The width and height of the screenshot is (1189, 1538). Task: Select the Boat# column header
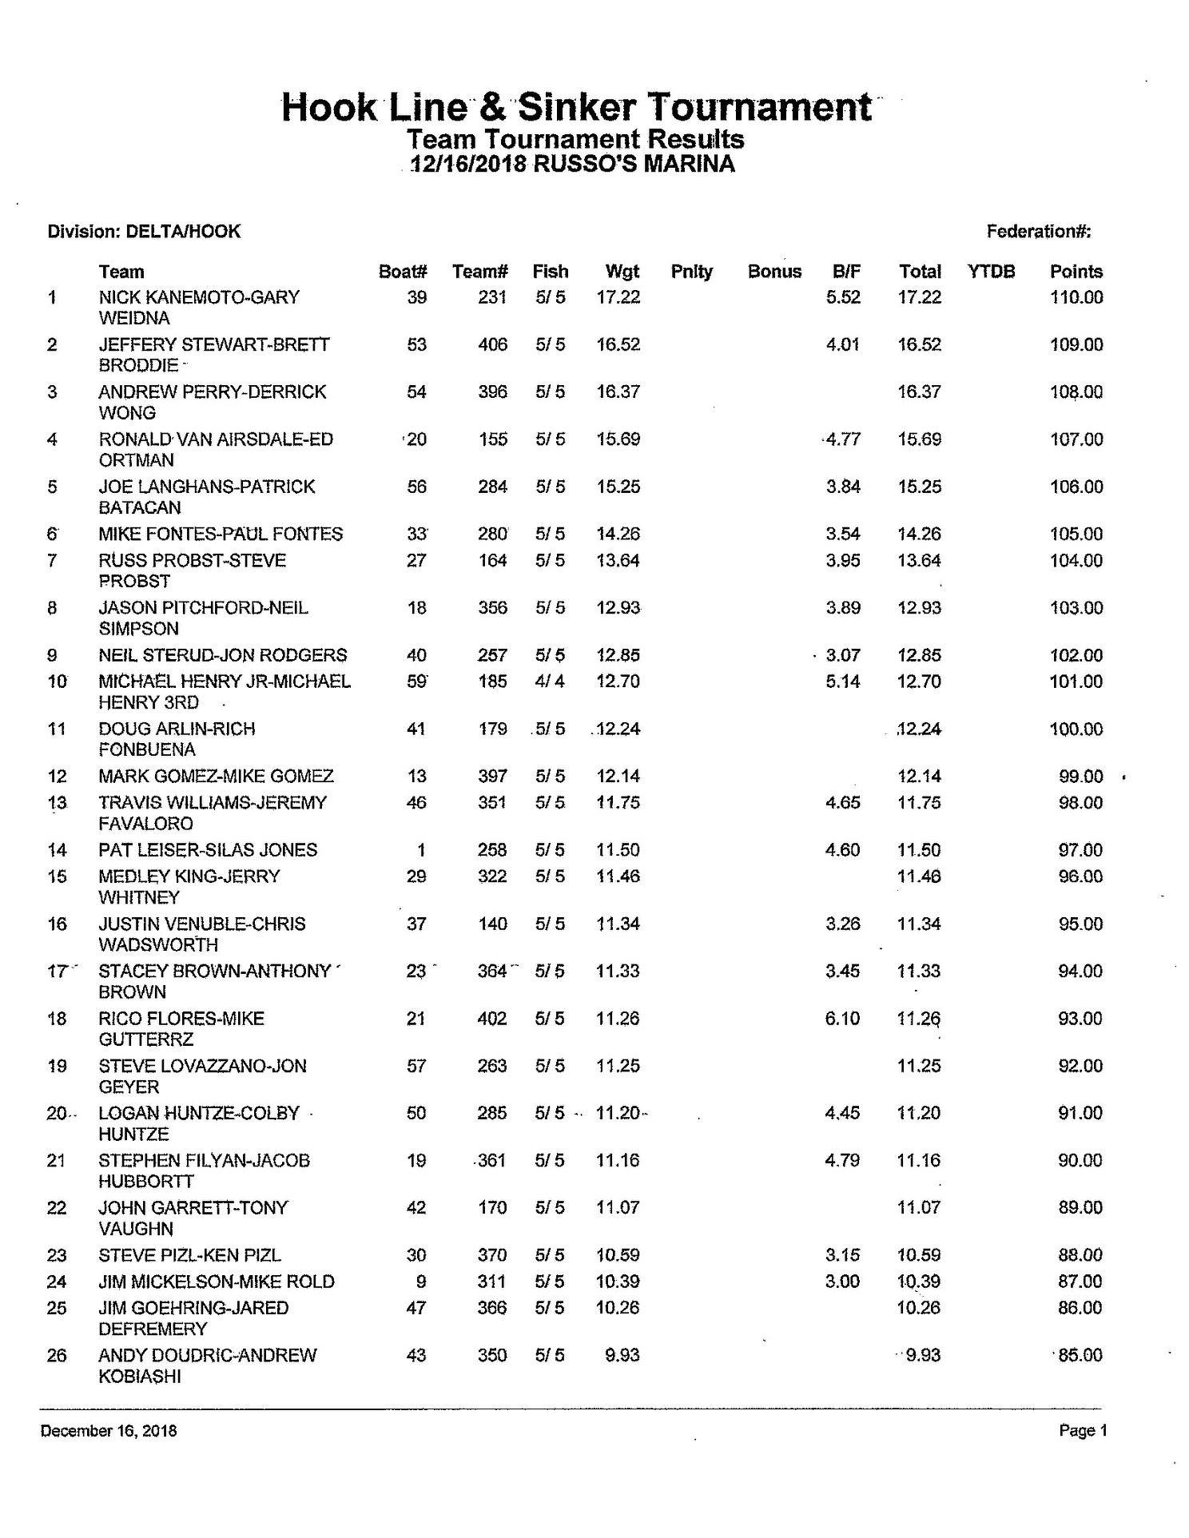click(x=403, y=272)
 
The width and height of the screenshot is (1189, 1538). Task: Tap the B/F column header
click(x=846, y=272)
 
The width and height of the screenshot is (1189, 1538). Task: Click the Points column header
click(x=1076, y=272)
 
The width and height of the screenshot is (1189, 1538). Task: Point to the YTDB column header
click(x=991, y=272)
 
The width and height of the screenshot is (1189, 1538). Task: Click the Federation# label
click(x=1039, y=232)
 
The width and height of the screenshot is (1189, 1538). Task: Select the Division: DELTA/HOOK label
click(x=144, y=232)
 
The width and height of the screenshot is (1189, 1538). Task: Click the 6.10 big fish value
click(x=842, y=1019)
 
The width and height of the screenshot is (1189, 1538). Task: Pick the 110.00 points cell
click(x=1076, y=297)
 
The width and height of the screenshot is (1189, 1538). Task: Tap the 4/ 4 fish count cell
click(x=550, y=682)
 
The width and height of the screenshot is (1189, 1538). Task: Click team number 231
click(x=492, y=297)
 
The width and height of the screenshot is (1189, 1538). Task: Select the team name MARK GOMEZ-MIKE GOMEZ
click(x=216, y=776)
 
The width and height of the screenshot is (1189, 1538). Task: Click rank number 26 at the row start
click(x=56, y=1356)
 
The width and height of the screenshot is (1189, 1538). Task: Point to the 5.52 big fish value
click(x=843, y=297)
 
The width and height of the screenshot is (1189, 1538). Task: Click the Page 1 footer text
click(x=1083, y=1431)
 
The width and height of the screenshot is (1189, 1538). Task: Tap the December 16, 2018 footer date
click(x=109, y=1431)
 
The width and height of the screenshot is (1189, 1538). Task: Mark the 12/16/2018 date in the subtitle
click(x=467, y=165)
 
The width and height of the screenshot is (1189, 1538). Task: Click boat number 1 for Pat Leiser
click(x=421, y=850)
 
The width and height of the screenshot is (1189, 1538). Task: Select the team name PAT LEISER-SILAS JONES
click(x=208, y=850)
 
